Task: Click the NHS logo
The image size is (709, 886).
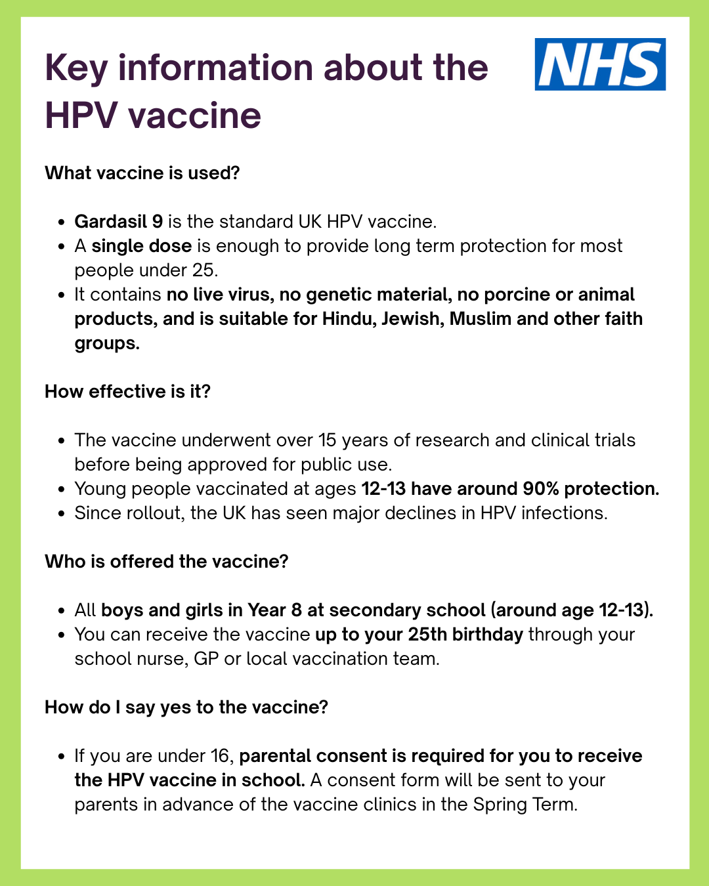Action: click(x=600, y=64)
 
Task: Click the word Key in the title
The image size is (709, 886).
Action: click(x=76, y=69)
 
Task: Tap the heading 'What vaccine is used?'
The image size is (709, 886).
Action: click(x=142, y=173)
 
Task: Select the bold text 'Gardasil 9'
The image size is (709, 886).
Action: click(x=119, y=222)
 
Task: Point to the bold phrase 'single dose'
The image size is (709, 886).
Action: click(x=141, y=246)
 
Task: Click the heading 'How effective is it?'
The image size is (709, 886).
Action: click(x=128, y=392)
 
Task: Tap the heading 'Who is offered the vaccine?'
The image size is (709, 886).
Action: click(x=167, y=562)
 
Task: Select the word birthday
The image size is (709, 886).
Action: click(x=488, y=635)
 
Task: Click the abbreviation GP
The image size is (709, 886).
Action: click(x=206, y=659)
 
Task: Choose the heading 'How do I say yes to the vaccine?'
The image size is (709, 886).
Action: click(x=186, y=707)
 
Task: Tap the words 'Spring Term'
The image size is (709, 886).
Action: click(x=525, y=805)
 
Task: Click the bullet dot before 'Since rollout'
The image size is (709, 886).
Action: click(x=62, y=514)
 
